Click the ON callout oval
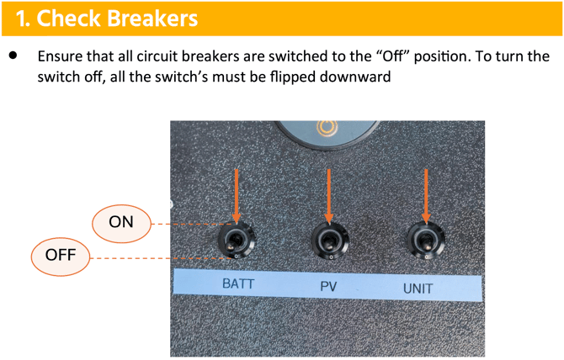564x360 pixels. tap(122, 222)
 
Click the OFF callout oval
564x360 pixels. tap(61, 255)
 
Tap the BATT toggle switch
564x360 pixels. tap(235, 241)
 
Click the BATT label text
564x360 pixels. tap(237, 283)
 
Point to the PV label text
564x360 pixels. tap(328, 286)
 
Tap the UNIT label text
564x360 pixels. tap(418, 288)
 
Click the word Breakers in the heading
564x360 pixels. tap(146, 18)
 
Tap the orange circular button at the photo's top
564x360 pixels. tap(325, 129)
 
